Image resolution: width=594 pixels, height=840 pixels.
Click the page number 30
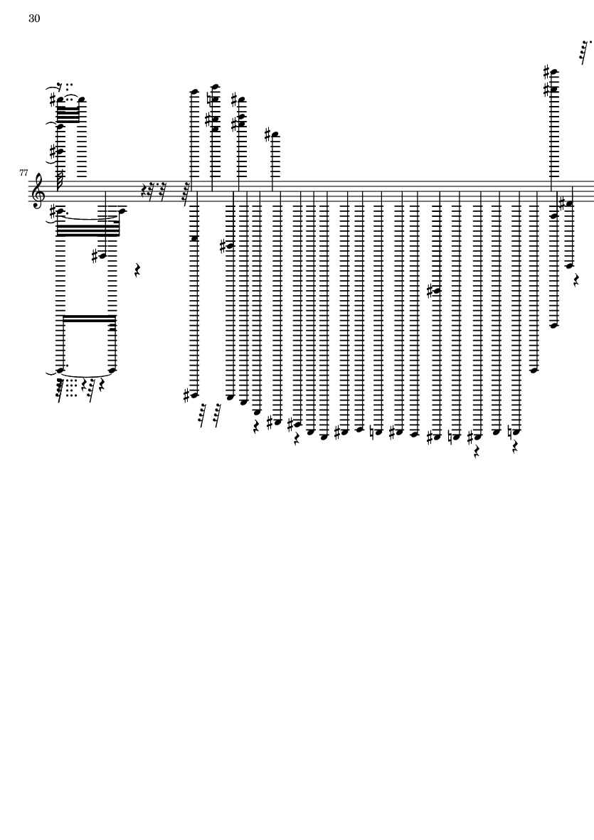34,18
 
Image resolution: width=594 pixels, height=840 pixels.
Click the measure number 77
23,173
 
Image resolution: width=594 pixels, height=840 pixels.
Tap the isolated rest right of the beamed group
137,270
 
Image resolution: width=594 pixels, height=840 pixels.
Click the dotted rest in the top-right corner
585,51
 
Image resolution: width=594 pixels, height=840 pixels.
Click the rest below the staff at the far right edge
576,279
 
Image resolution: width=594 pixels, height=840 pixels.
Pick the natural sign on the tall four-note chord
211,99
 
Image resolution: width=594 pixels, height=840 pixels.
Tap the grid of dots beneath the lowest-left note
71,388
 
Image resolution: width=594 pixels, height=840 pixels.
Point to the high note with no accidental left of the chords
194,92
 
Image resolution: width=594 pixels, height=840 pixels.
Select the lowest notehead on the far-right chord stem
554,324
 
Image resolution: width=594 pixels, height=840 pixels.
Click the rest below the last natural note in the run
515,447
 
